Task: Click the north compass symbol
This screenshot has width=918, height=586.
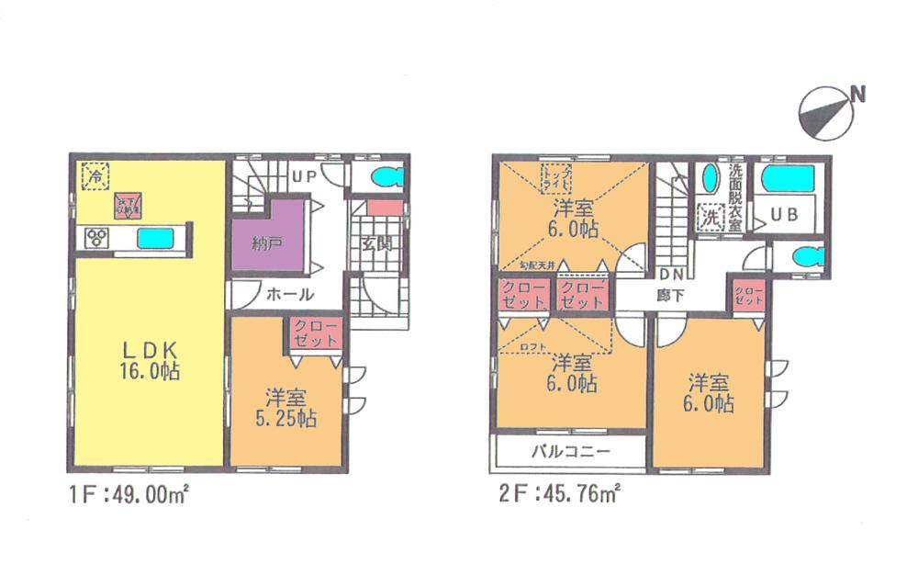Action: pos(828,112)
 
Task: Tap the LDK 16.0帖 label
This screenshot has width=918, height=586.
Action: pos(146,361)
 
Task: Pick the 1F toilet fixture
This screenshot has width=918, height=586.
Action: pos(381,177)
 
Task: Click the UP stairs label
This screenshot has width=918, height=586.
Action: pos(305,175)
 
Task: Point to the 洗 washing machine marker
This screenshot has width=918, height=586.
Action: pos(709,218)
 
